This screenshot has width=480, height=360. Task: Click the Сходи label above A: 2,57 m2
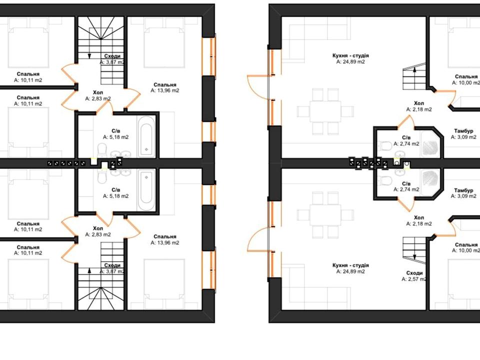(414, 273)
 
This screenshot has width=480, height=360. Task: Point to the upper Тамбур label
(463, 131)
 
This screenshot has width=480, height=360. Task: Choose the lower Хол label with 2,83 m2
(98, 228)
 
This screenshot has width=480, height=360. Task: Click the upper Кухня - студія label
(350, 55)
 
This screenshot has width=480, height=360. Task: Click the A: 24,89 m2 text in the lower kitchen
(350, 271)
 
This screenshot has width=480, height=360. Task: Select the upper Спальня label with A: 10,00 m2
(466, 76)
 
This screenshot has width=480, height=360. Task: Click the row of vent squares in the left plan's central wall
(66, 163)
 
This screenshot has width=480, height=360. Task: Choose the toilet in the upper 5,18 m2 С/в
(101, 151)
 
